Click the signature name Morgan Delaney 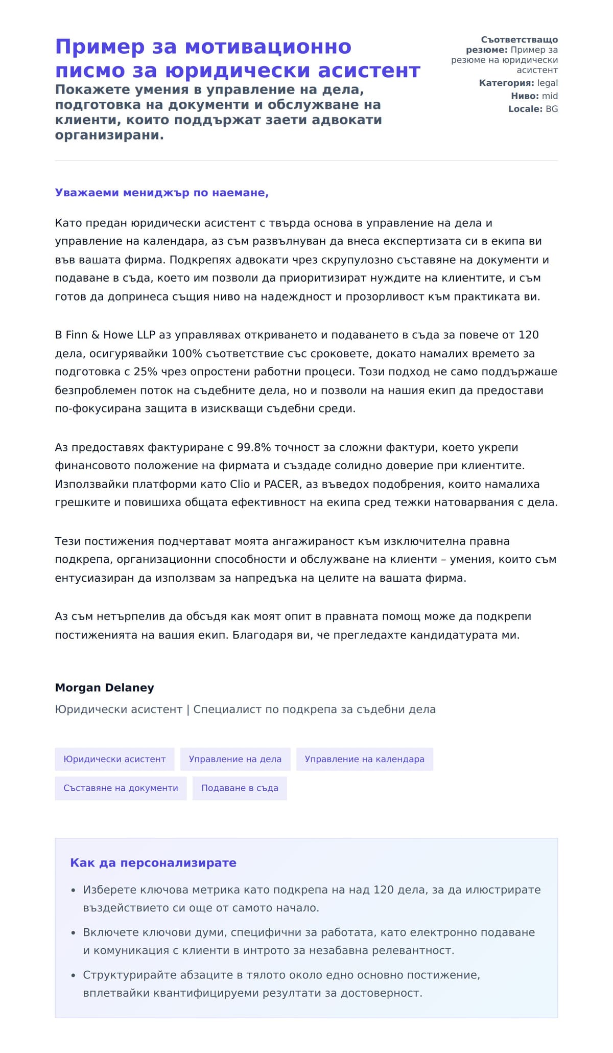point(104,688)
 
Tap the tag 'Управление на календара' point(364,759)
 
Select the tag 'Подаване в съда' point(240,788)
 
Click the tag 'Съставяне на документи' point(121,788)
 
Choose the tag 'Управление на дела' point(235,759)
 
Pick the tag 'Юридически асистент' point(114,759)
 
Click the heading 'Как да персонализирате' point(153,863)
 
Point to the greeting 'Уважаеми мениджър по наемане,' point(162,193)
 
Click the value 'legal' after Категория point(547,83)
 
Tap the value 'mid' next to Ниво point(550,96)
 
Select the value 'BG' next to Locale point(552,109)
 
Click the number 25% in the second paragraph point(146,372)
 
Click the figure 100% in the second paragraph point(186,353)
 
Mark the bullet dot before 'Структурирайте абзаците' point(74,975)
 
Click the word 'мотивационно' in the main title point(268,47)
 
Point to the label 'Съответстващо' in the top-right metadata point(519,40)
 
